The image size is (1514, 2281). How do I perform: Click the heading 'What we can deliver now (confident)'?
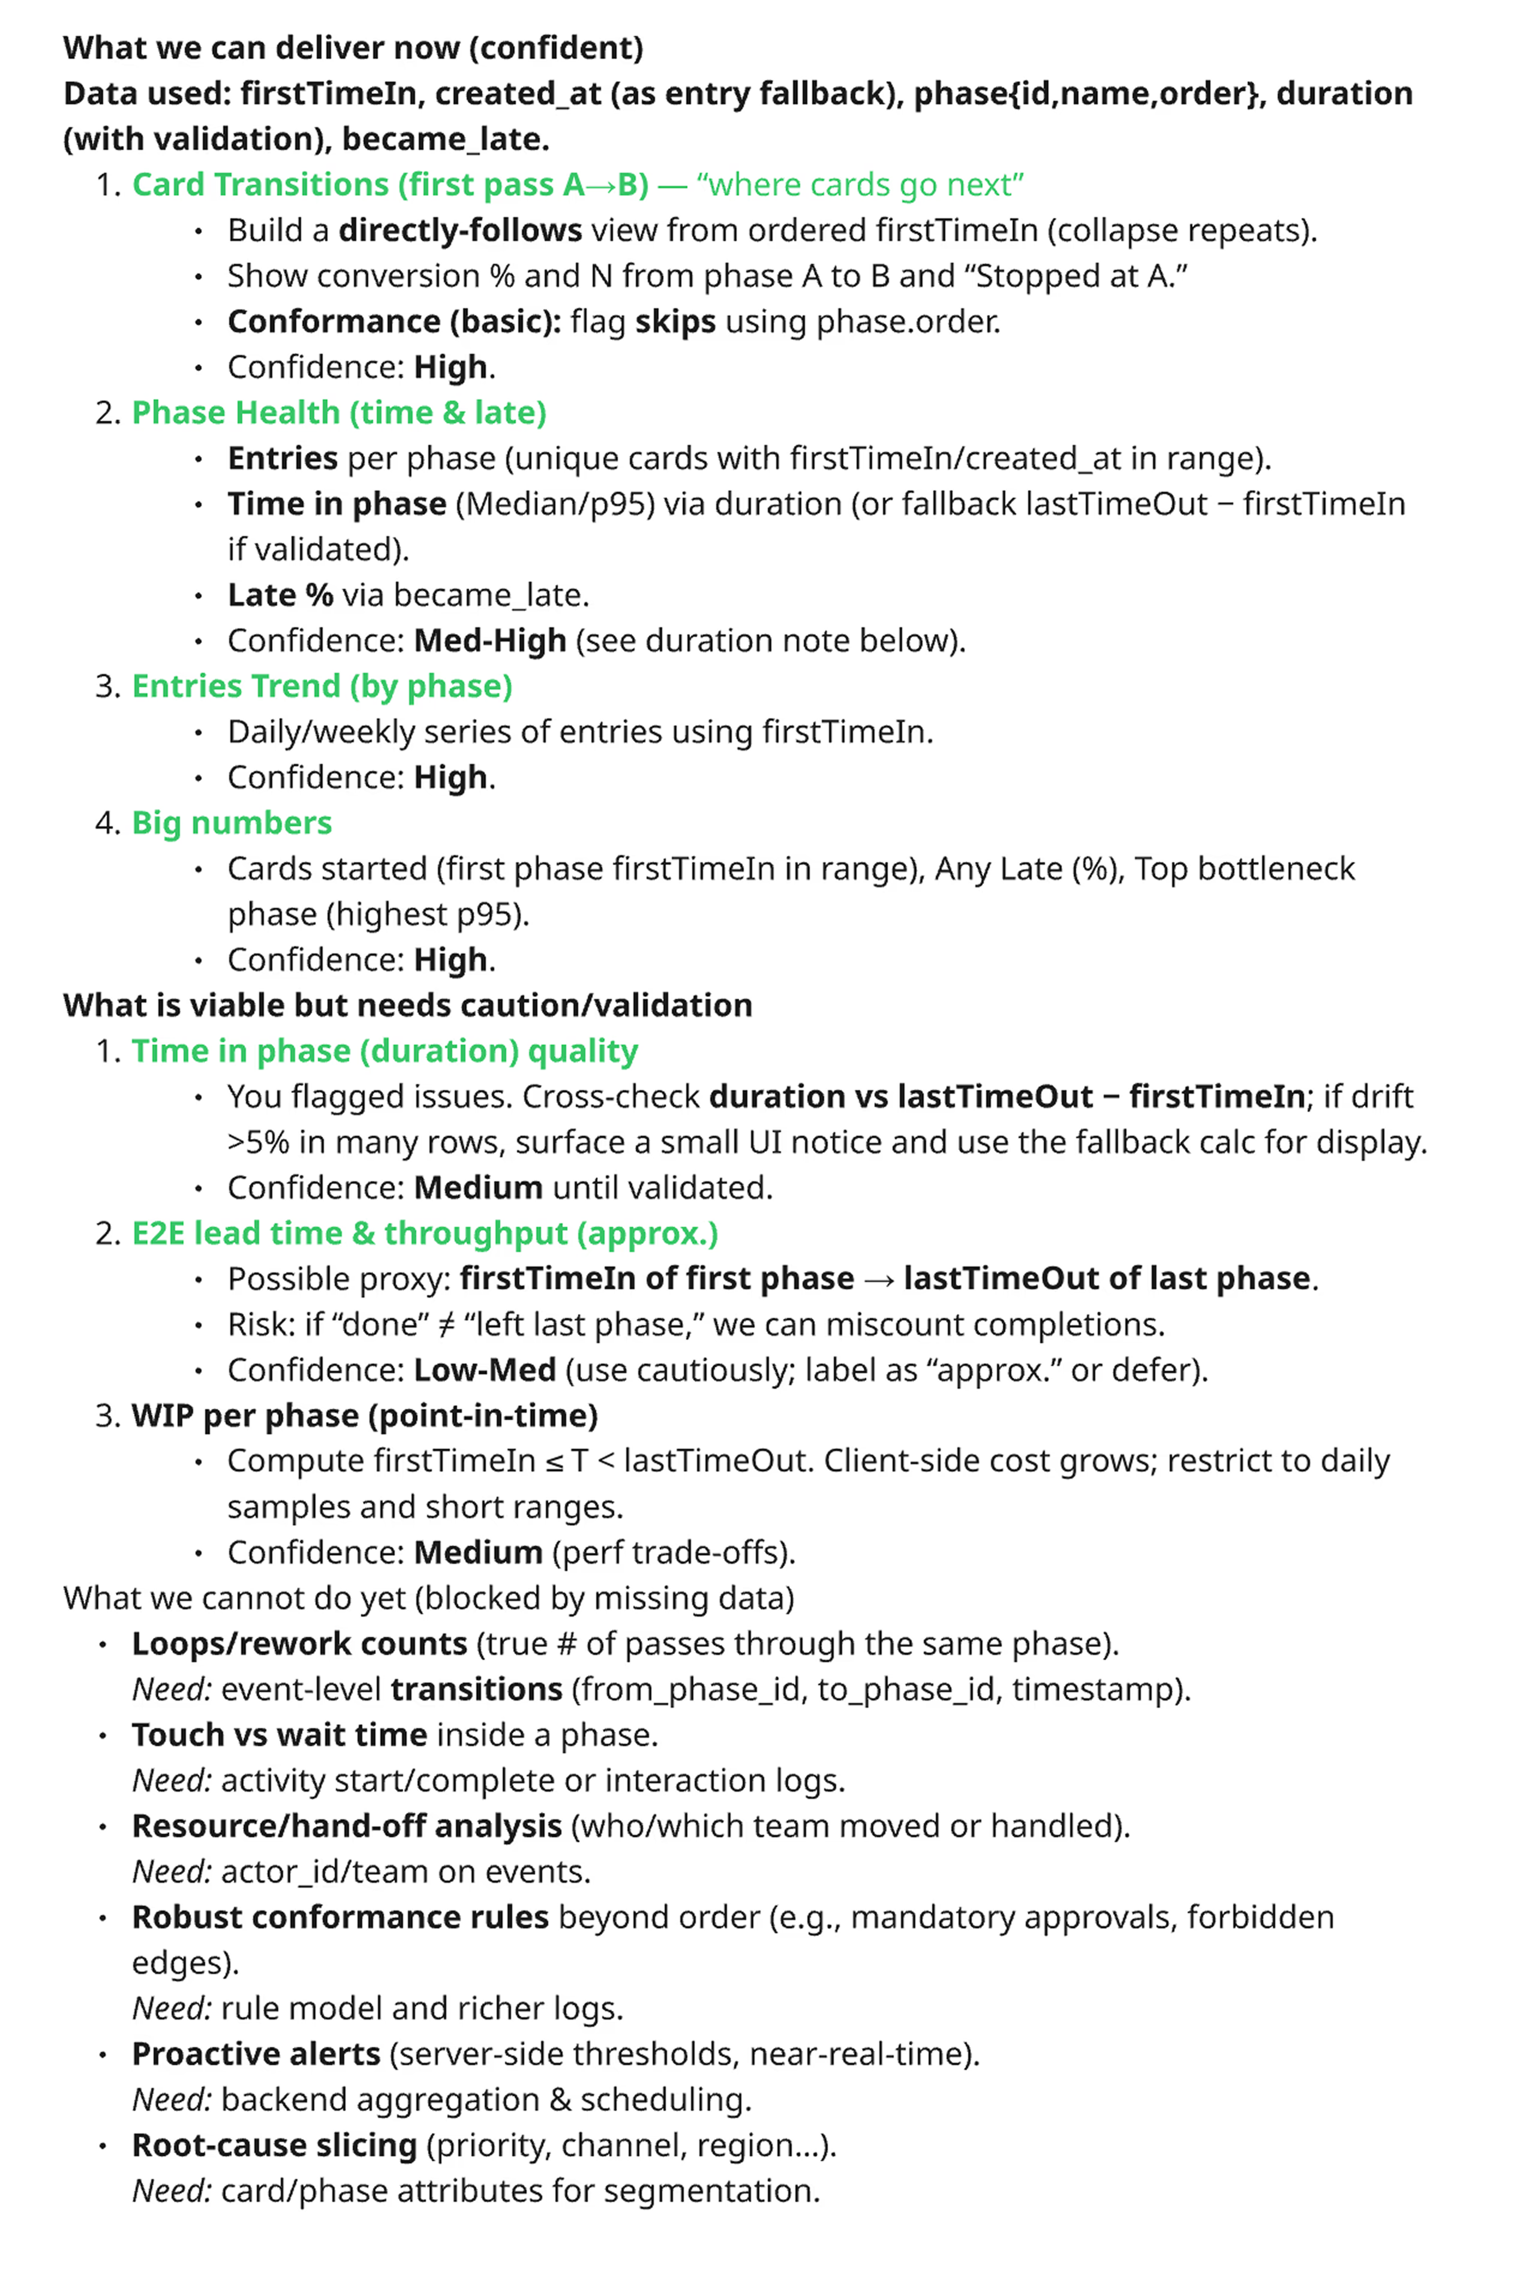(353, 47)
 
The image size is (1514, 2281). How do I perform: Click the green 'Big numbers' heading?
(232, 823)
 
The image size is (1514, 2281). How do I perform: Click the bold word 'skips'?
(675, 321)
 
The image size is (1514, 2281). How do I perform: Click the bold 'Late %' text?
(280, 595)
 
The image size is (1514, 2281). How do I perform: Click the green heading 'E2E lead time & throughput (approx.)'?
(425, 1233)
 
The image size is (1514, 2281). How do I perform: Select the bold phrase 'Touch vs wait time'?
(279, 1735)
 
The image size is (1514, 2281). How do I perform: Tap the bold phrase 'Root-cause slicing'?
(274, 2145)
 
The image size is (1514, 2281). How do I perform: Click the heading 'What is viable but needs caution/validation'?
(407, 1005)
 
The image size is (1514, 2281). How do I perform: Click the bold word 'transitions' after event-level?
(476, 1689)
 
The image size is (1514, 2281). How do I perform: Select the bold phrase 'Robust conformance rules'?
(340, 1917)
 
